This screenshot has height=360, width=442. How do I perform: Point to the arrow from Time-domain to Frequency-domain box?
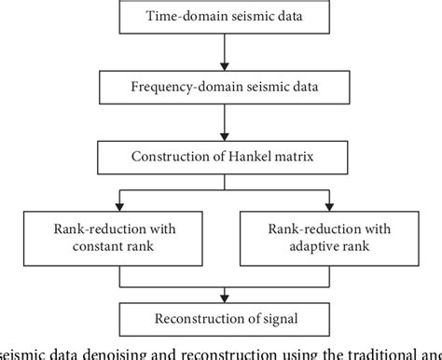pyautogui.click(x=220, y=51)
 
